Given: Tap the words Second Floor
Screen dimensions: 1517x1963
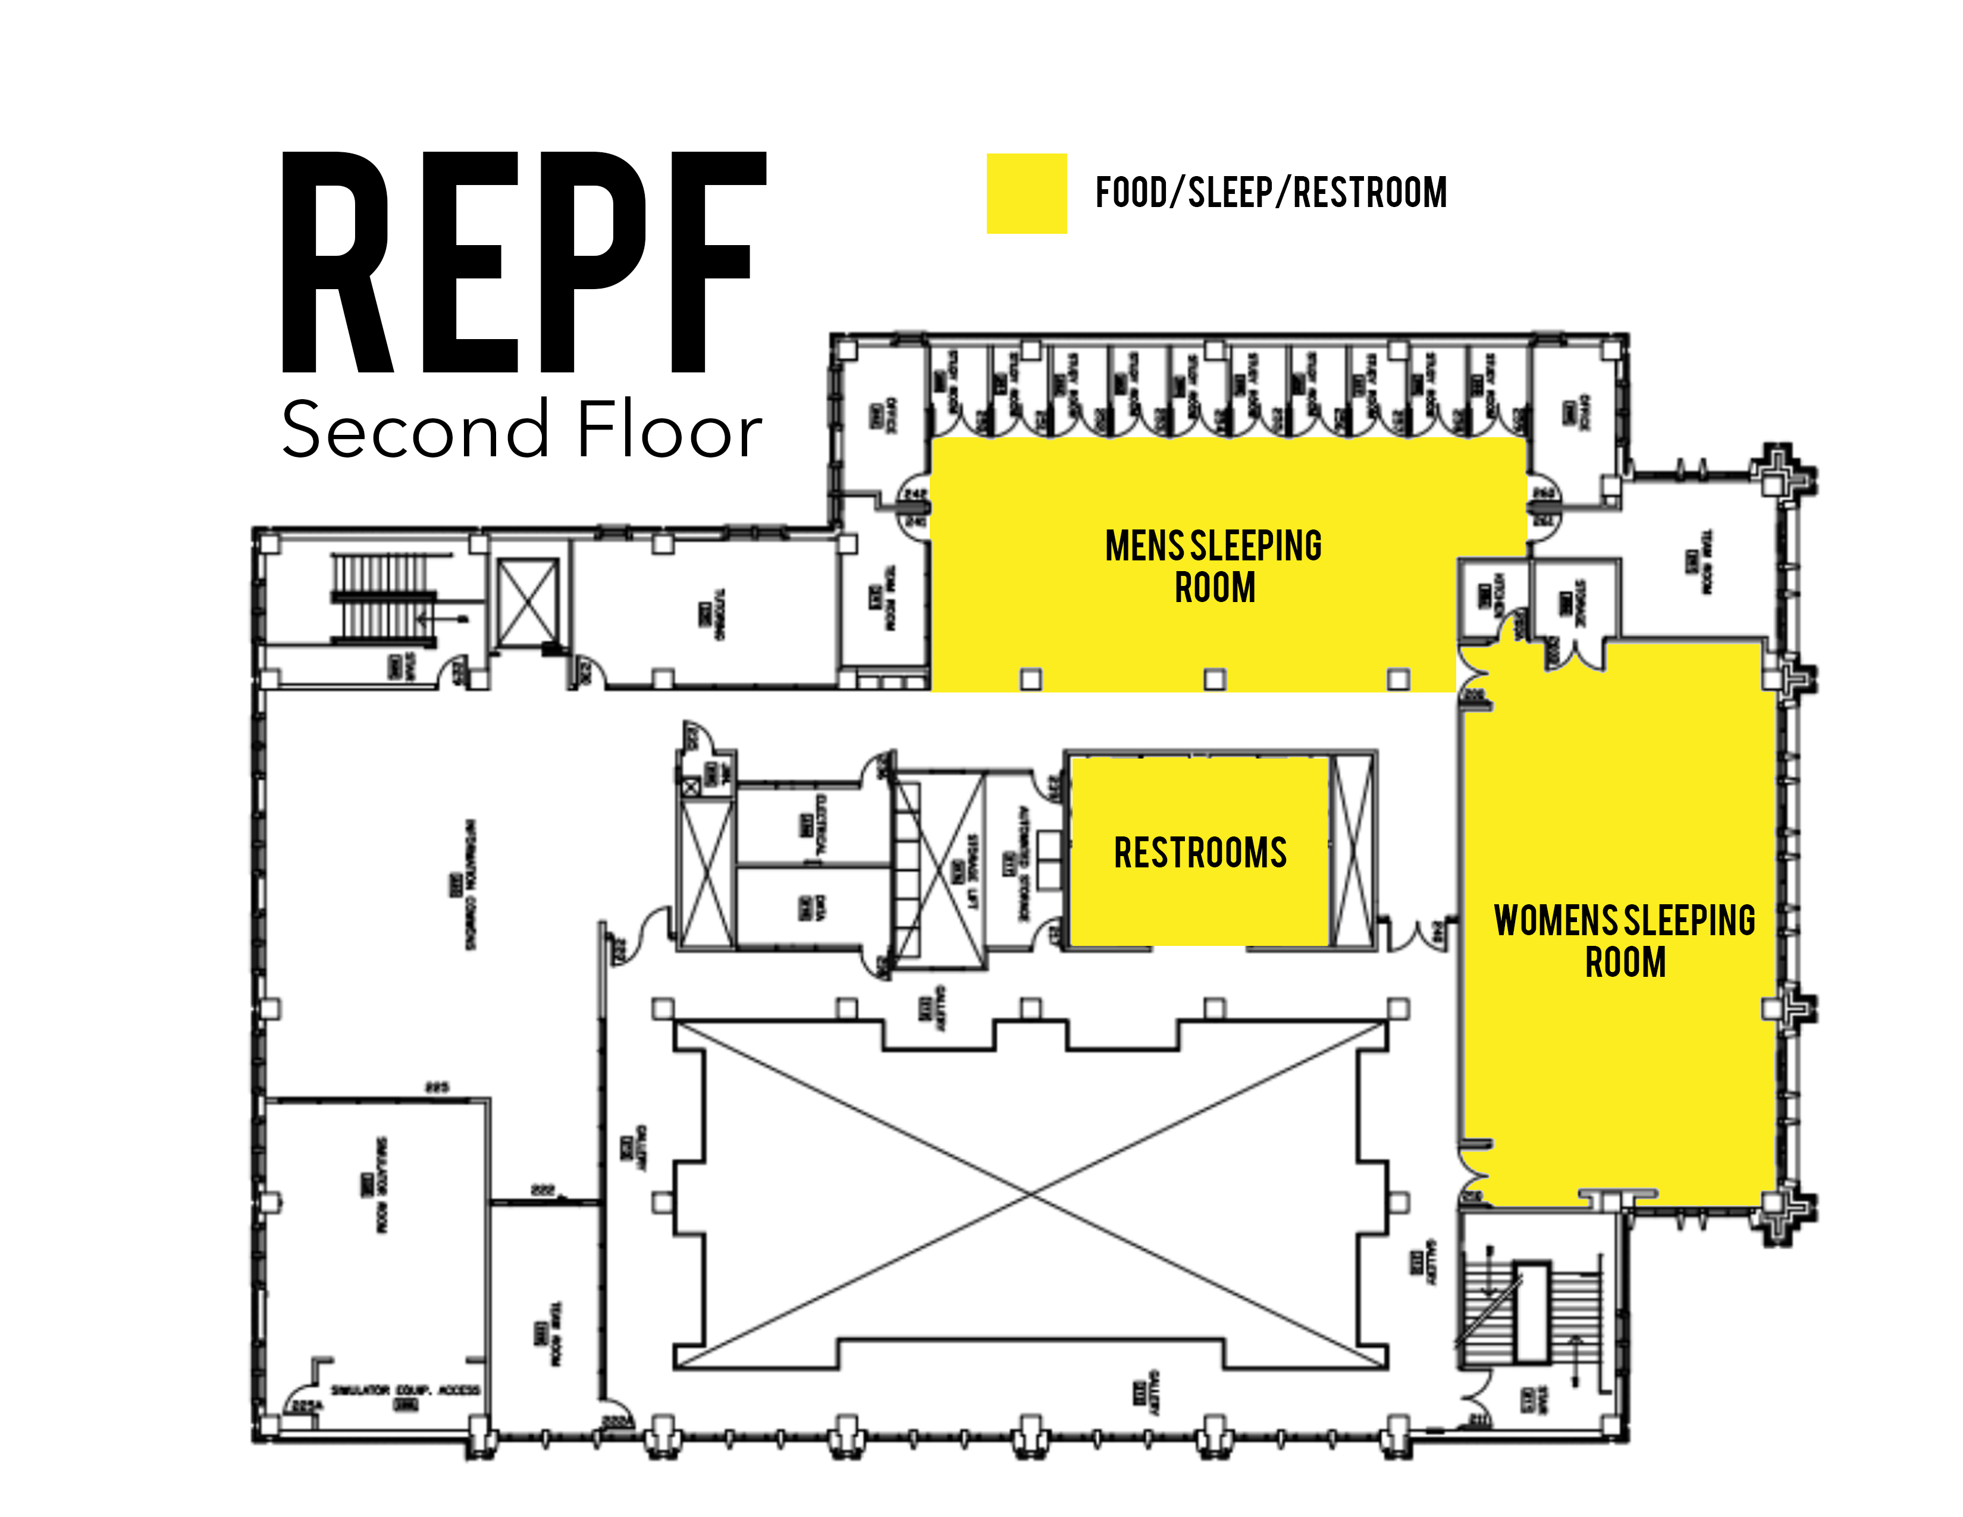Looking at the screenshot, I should [521, 430].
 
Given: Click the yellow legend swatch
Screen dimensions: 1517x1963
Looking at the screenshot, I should [1027, 193].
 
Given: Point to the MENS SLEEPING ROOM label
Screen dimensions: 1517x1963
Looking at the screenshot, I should [1213, 566].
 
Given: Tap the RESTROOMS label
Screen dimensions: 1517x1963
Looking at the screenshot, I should [1200, 852].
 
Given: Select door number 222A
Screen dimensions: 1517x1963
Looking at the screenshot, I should [617, 1421].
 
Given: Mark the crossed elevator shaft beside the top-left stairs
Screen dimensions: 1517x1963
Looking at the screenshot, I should [528, 601].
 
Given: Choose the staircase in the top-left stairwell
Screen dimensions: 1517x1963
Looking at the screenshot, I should [383, 598].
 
